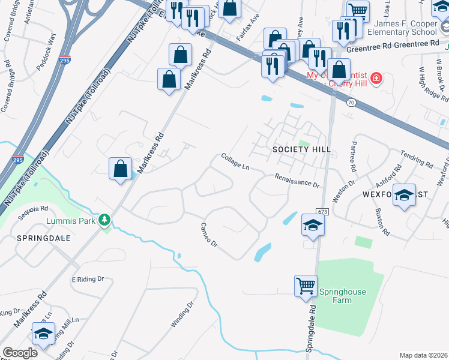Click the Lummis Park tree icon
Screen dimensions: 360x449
tap(105, 221)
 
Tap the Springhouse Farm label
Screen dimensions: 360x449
tap(343, 296)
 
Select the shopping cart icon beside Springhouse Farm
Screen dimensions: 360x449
tap(306, 286)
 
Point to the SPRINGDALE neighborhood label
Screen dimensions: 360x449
tap(47, 238)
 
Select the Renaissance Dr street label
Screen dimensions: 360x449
tap(297, 180)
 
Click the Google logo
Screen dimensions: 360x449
tap(20, 352)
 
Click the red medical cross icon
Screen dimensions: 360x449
tap(376, 78)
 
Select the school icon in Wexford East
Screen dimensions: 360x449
tap(405, 196)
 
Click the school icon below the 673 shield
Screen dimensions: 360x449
tap(313, 226)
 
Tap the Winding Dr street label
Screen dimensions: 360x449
tap(183, 314)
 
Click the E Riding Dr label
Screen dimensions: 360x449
tap(88, 280)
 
